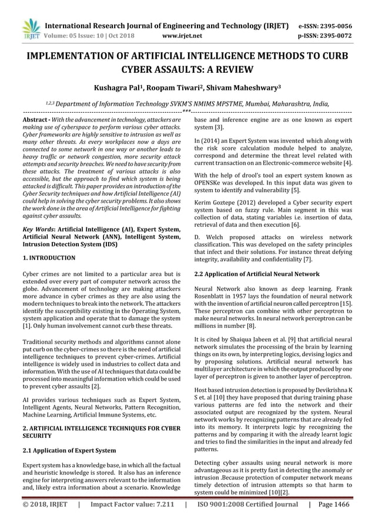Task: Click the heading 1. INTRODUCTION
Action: click(48, 257)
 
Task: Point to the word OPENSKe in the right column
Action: click(210, 183)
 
